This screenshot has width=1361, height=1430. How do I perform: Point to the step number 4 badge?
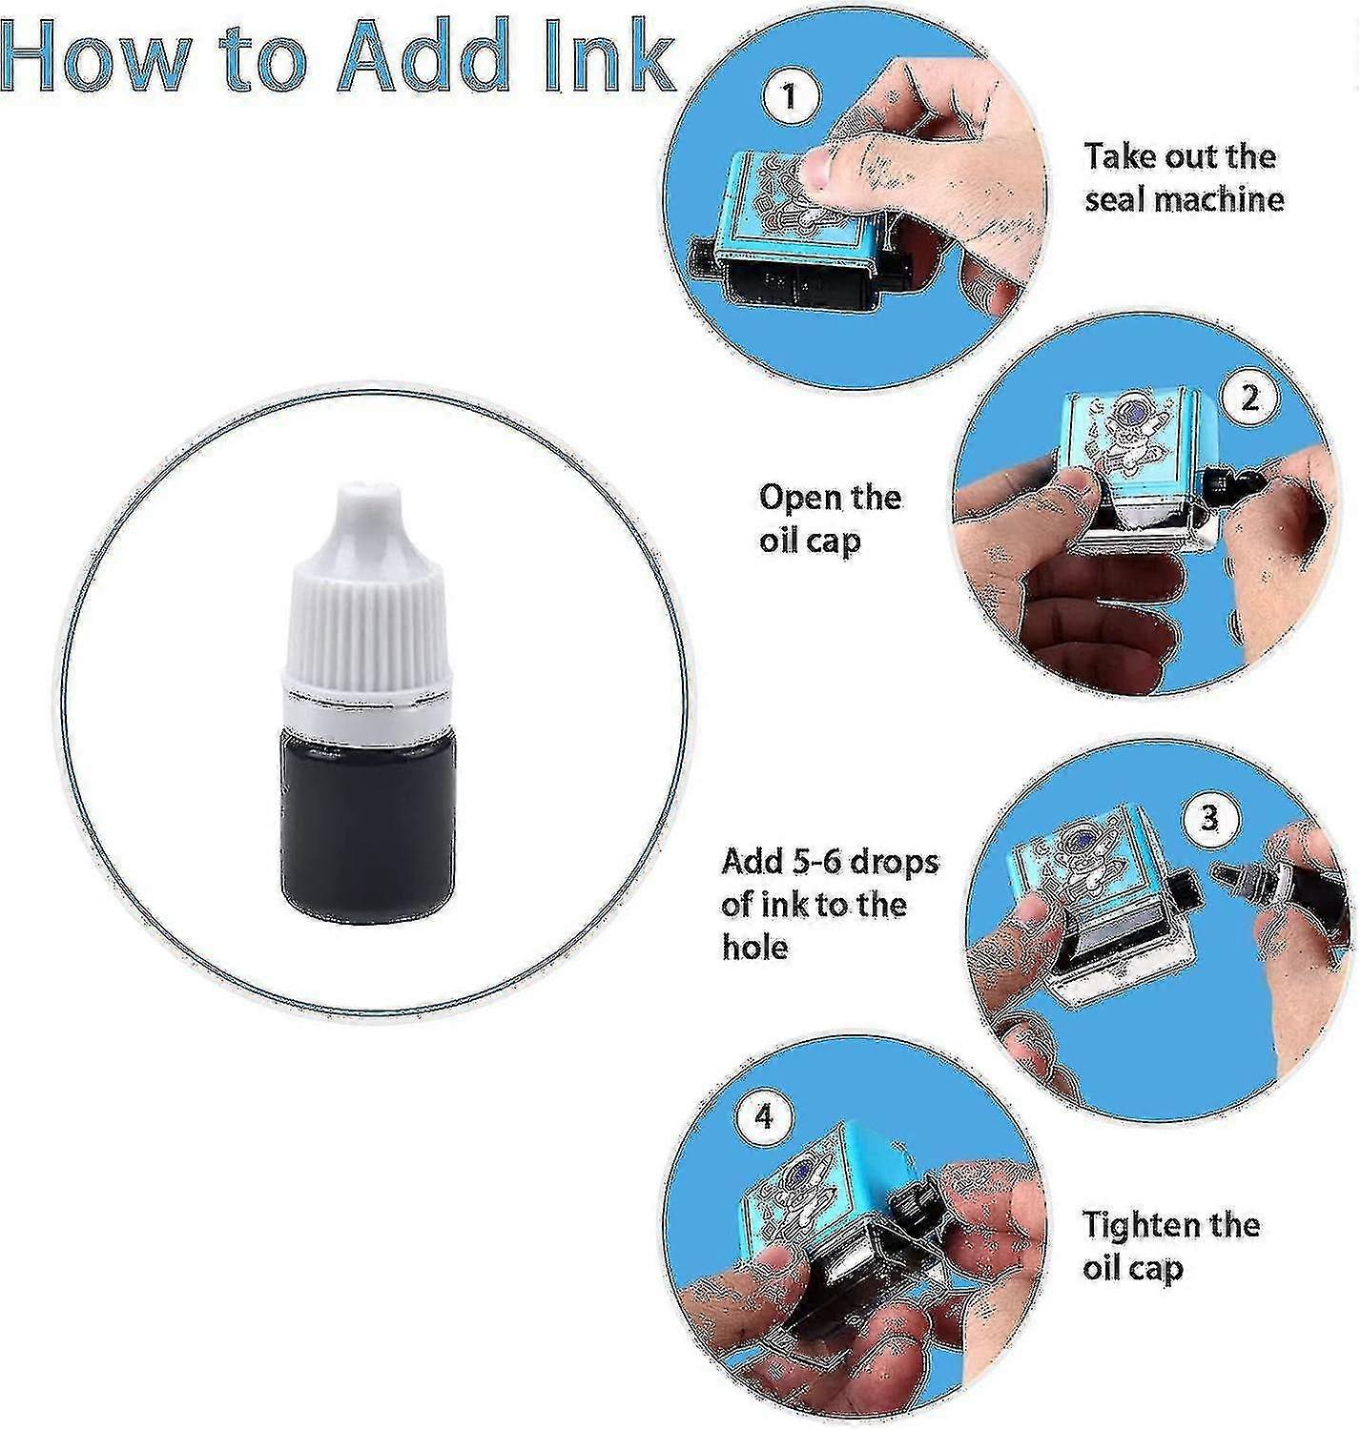[x=763, y=1117]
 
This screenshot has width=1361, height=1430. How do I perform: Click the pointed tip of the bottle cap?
[x=370, y=493]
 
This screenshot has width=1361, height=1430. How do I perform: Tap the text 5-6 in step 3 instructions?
[x=813, y=863]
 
